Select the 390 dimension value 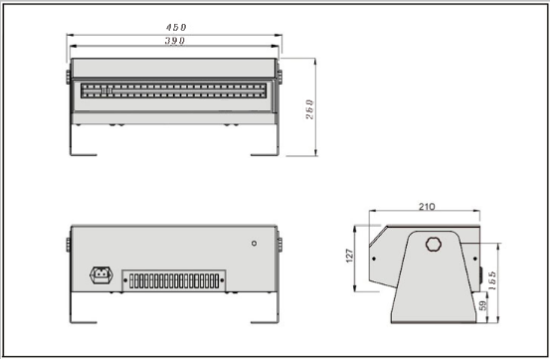(174, 41)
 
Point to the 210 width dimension (427, 207)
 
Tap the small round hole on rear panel (254, 243)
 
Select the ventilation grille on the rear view (176, 279)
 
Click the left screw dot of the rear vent (125, 279)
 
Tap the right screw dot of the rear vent (227, 279)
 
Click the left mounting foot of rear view (84, 320)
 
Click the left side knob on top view (69, 75)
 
